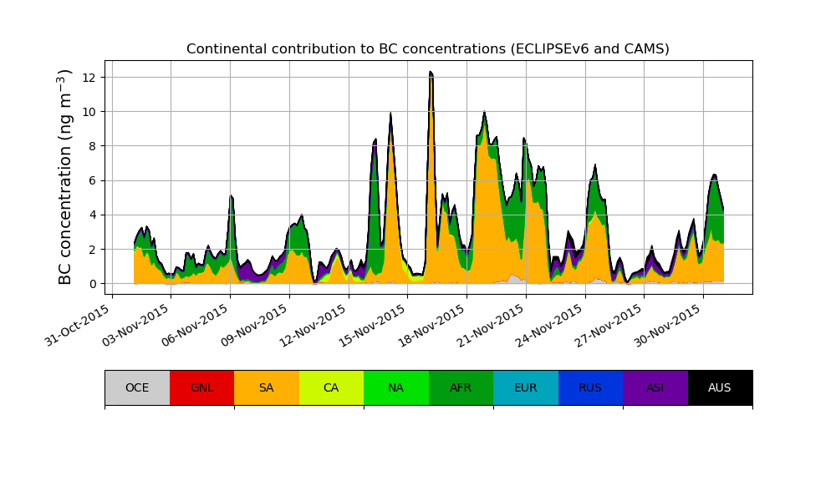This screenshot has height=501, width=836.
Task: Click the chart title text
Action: click(428, 49)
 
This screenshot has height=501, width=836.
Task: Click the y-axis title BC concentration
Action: click(66, 176)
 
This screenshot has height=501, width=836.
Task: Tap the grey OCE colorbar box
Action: click(137, 387)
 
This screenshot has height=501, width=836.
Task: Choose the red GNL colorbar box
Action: click(201, 387)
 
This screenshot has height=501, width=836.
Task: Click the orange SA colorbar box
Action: click(267, 387)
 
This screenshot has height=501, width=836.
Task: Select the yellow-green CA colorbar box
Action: click(331, 387)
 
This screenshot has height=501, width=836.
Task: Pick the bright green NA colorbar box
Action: click(396, 387)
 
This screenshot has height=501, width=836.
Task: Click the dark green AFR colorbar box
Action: click(461, 387)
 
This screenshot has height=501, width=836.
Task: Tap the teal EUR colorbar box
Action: click(526, 387)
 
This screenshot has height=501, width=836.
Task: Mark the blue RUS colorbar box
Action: click(590, 387)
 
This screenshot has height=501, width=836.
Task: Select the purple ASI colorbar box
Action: click(655, 387)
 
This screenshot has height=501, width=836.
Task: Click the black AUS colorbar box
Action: click(720, 387)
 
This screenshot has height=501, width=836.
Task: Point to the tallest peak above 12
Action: click(431, 73)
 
